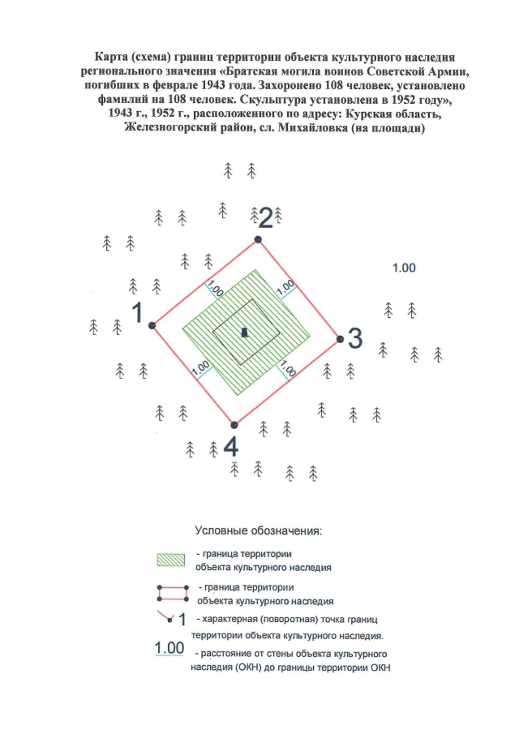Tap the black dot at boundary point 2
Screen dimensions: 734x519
[x=258, y=239]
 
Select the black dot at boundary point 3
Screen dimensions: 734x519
[x=339, y=340]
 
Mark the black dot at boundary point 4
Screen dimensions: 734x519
[x=234, y=424]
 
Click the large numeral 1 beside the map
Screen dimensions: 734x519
[x=138, y=312]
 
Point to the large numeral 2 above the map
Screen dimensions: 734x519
[x=265, y=217]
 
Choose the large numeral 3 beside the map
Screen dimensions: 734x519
[x=354, y=339]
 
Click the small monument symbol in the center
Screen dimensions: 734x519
[x=245, y=332]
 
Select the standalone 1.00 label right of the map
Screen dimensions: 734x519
[x=404, y=268]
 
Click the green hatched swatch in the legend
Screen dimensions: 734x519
[x=171, y=560]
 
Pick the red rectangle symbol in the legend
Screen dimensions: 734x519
[x=171, y=593]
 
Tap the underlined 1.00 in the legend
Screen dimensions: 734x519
[x=169, y=648]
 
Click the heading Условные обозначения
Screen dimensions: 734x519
[x=259, y=530]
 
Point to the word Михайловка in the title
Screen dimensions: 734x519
[x=309, y=128]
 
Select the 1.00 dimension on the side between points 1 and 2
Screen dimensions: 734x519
[x=215, y=287]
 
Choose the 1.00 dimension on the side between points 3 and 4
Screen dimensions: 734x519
[x=285, y=370]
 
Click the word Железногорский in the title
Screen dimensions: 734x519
[x=169, y=128]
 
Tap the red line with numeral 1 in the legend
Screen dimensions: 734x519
[x=172, y=618]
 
